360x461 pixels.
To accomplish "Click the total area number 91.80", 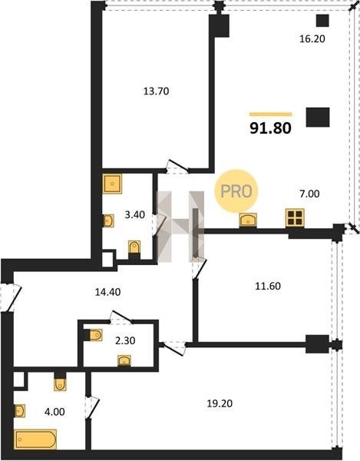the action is coord(270,128).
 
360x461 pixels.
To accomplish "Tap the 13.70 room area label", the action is coord(157,91).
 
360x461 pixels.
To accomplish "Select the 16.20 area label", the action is coord(312,39).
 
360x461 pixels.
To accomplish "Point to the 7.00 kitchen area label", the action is coord(310,194).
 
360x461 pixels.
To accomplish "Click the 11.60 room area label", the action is coord(268,286).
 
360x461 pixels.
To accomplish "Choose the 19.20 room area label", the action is coord(220,403).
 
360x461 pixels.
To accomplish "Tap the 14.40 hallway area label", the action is coord(107,292).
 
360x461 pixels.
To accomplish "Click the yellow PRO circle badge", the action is coord(236,191).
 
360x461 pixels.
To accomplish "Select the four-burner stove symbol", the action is coord(295,218).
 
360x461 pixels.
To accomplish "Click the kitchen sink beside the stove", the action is coord(248,220).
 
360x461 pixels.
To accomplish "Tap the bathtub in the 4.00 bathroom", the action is coord(35,439).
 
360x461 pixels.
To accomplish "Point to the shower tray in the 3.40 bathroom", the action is coord(112,184).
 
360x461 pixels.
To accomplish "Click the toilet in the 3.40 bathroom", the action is coord(134,247).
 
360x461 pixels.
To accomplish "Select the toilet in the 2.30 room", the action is coord(95,335).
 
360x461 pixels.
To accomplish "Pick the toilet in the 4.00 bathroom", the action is coord(60,384).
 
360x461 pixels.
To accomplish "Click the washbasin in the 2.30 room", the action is coord(124,361).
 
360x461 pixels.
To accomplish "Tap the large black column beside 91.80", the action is coord(318,117).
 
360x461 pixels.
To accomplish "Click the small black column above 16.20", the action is coord(322,21).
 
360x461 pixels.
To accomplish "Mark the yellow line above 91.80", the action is coord(271,114).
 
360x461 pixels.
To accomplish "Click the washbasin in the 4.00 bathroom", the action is coord(20,411).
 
